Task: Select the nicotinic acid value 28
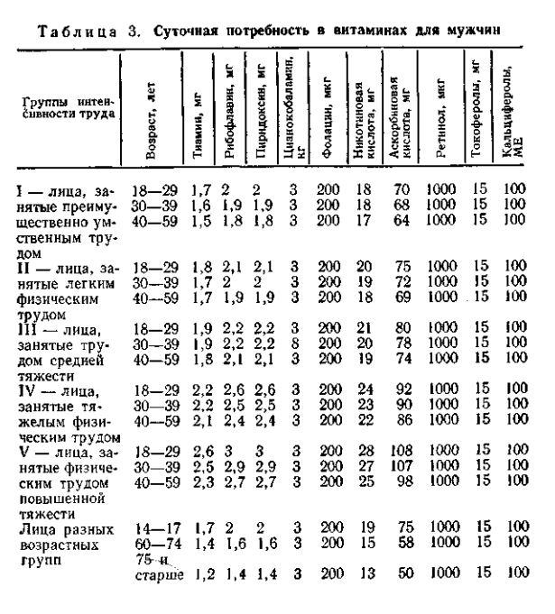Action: click(x=365, y=449)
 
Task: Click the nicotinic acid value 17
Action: click(x=365, y=218)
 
